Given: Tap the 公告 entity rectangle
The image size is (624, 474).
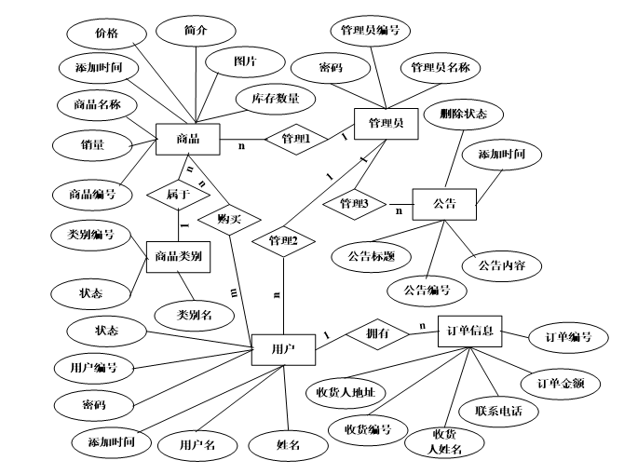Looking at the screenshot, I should [444, 202].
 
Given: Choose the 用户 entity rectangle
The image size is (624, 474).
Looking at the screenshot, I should [283, 348].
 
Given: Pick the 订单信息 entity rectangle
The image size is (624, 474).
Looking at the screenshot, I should [470, 330].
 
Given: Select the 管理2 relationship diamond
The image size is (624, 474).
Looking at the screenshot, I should [282, 241].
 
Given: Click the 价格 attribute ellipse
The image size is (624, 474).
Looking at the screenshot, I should [106, 34].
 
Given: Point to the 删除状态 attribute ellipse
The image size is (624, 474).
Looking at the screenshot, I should [464, 115].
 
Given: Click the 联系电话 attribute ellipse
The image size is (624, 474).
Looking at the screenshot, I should [493, 410].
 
